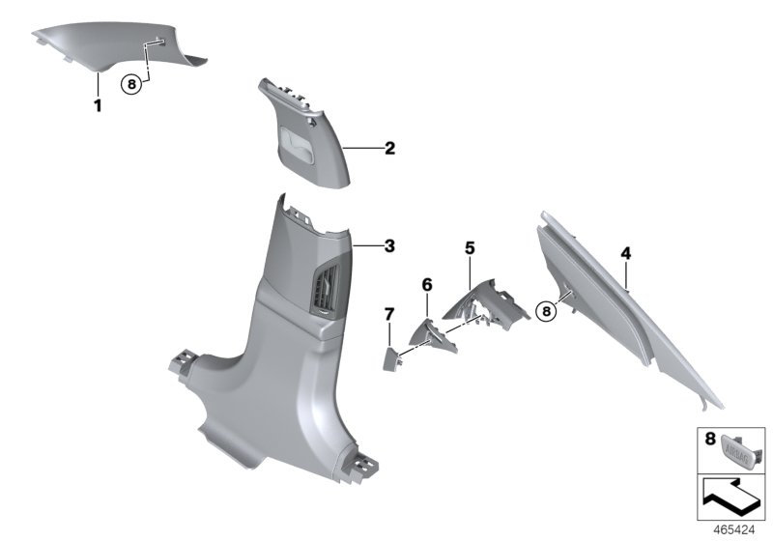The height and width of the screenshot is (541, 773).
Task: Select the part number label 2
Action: click(389, 149)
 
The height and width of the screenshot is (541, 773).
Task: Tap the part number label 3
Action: click(389, 246)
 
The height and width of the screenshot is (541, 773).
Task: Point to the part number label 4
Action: click(626, 253)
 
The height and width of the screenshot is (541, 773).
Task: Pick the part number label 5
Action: click(470, 248)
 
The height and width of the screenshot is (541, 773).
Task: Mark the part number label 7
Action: click(389, 314)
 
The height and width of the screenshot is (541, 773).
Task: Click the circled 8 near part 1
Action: click(132, 84)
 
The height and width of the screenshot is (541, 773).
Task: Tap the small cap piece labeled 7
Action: click(391, 359)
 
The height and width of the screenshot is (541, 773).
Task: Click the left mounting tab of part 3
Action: click(180, 359)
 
